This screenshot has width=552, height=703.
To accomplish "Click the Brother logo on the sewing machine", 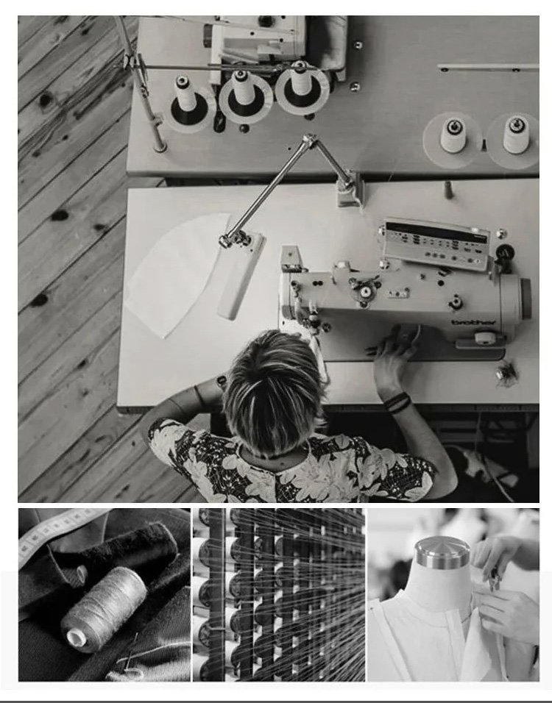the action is click(473, 322).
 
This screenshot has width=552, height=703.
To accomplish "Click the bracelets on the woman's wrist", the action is click(397, 402).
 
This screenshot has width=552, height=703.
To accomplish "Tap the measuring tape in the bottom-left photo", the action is click(58, 531).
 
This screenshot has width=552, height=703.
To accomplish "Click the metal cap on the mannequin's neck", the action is click(442, 554).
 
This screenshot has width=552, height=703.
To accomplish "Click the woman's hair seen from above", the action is click(275, 390).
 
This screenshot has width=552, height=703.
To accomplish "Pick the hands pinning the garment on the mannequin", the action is click(503, 583).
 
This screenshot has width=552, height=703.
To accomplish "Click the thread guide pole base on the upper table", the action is click(160, 146).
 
